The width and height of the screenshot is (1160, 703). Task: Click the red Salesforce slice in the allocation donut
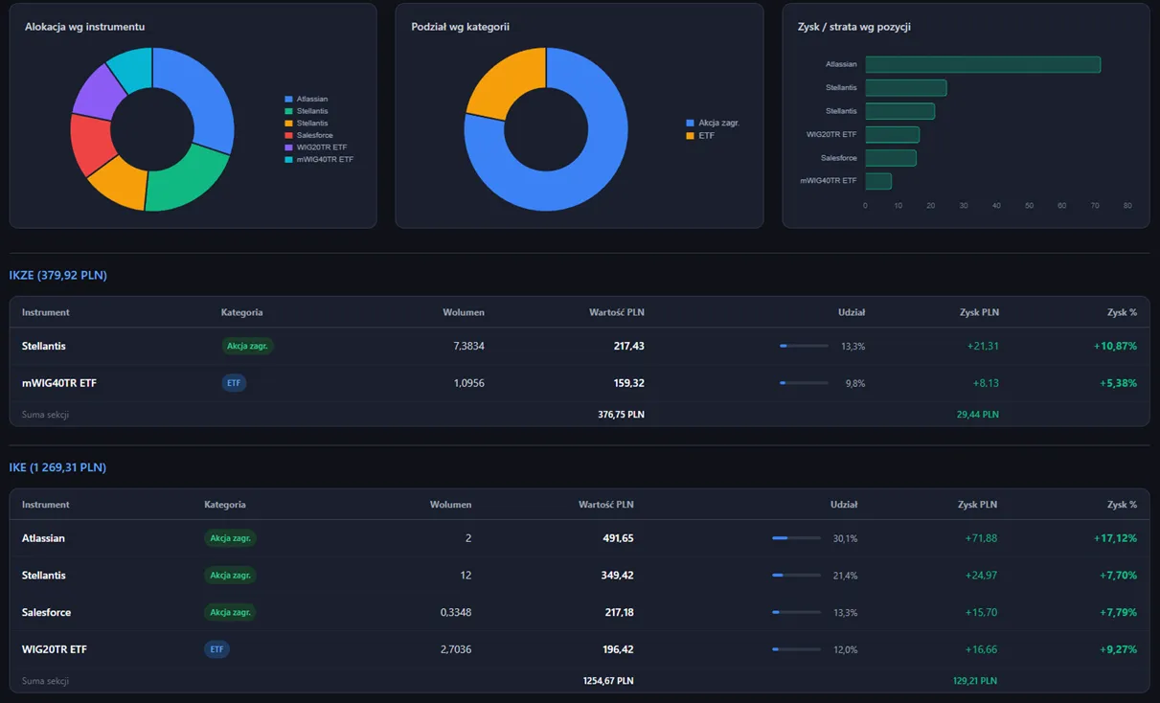(92, 144)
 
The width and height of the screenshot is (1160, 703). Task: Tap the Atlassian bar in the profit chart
(983, 64)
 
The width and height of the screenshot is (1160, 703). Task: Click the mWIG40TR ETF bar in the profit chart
(878, 181)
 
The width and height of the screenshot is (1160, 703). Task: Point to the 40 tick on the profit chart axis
(996, 206)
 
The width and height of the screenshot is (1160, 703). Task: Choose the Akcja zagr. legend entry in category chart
(713, 123)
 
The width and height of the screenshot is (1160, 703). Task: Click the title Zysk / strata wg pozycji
(853, 27)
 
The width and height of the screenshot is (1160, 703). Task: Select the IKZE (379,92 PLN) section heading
(58, 275)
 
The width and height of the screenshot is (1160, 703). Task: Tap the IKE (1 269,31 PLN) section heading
(57, 467)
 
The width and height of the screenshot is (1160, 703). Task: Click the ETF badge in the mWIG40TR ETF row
(234, 383)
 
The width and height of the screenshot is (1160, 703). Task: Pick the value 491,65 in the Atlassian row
(618, 538)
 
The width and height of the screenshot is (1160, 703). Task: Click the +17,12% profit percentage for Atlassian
(1115, 538)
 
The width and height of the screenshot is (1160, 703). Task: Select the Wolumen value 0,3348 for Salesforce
(456, 612)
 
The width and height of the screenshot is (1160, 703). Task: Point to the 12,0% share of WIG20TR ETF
(845, 649)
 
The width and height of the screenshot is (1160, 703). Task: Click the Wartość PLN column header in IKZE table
(617, 312)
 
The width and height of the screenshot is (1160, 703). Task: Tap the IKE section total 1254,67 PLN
(608, 681)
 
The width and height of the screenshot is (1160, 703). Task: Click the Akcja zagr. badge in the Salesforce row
(230, 612)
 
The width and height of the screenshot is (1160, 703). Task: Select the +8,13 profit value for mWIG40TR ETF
(986, 383)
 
